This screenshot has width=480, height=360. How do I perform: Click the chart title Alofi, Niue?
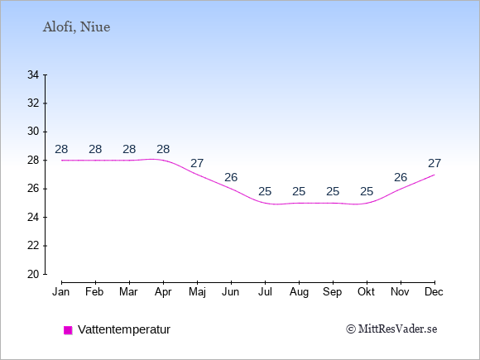tap(76, 27)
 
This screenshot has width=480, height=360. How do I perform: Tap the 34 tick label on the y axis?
tap(33, 74)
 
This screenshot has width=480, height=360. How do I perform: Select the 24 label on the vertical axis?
tap(33, 218)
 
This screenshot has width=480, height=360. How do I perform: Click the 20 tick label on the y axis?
tap(33, 274)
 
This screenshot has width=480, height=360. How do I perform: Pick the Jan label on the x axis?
tap(61, 292)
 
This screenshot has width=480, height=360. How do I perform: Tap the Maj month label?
tap(197, 292)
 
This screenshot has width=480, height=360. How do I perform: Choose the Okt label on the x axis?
tap(367, 292)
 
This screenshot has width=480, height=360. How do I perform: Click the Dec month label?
tap(434, 292)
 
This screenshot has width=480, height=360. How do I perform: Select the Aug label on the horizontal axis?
tap(299, 292)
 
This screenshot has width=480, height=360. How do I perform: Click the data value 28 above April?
tap(163, 150)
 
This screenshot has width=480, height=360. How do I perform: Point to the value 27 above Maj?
tap(197, 164)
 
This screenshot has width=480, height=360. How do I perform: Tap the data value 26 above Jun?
tap(231, 178)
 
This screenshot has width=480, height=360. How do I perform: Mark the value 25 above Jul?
tap(265, 192)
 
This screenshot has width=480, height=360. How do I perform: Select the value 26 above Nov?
tap(401, 178)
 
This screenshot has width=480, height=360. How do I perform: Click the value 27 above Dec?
tap(434, 164)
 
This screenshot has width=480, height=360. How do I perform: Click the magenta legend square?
tap(68, 330)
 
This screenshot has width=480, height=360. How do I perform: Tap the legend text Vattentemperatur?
tap(124, 329)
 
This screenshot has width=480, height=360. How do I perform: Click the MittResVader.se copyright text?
tap(391, 329)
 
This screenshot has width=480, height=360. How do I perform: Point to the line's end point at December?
tap(434, 175)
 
